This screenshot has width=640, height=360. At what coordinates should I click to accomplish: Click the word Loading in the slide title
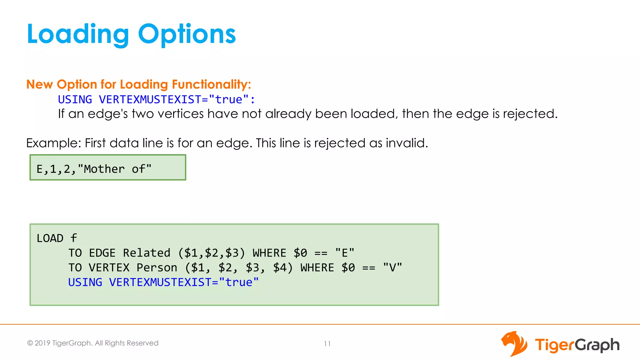click(78, 34)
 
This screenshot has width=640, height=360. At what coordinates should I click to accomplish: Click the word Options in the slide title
click(187, 34)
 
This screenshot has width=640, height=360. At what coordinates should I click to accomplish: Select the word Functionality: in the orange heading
click(211, 84)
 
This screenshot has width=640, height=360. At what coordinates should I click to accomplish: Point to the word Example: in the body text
click(53, 143)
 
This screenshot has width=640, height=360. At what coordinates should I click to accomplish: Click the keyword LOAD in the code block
click(50, 238)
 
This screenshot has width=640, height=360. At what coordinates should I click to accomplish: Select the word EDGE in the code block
click(102, 253)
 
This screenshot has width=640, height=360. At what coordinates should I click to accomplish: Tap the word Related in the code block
click(147, 253)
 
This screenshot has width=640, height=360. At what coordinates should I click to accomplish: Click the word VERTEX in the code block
click(109, 268)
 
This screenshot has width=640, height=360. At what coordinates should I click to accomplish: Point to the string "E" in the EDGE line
click(345, 253)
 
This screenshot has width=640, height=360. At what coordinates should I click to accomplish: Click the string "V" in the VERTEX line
click(392, 268)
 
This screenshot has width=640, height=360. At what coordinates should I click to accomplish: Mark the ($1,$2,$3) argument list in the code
click(212, 253)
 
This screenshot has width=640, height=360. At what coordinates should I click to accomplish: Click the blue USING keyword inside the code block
click(85, 282)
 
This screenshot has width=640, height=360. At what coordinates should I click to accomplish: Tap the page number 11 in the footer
click(327, 344)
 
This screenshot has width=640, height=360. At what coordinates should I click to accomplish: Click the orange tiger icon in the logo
click(514, 344)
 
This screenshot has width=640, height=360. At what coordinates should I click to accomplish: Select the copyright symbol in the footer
click(30, 343)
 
